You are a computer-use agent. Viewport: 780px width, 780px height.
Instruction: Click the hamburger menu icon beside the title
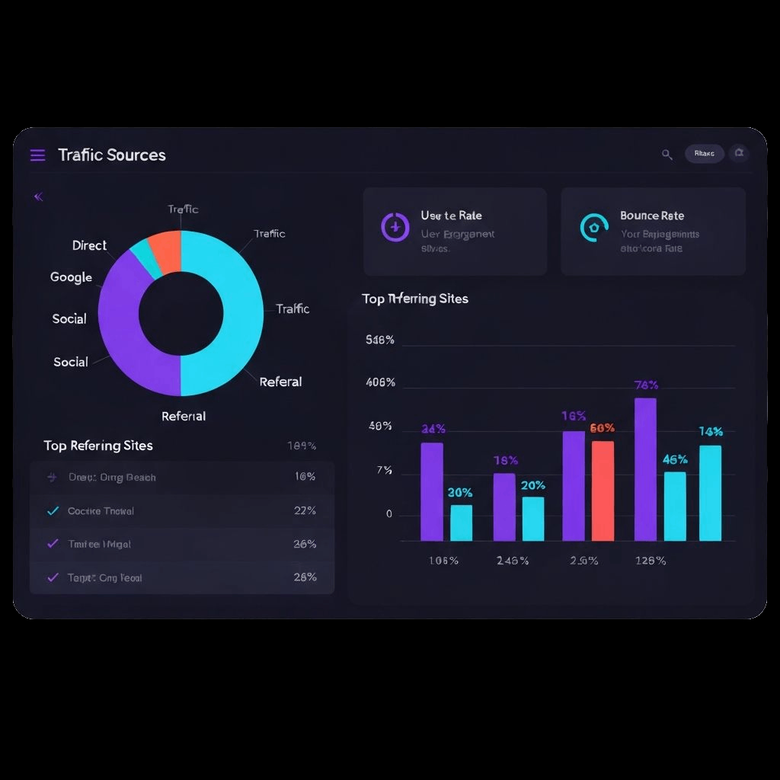(37, 155)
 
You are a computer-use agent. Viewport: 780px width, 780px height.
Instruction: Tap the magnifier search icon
(667, 155)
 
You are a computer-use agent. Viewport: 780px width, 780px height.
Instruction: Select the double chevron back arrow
(39, 197)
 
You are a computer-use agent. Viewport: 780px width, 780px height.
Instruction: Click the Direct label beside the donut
(89, 245)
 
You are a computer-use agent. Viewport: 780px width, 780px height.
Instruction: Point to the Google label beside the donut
(71, 277)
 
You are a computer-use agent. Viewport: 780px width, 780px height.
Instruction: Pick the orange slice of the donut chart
(165, 247)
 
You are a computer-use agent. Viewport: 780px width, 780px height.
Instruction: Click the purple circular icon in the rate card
(395, 226)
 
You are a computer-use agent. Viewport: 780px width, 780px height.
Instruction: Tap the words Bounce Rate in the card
(652, 216)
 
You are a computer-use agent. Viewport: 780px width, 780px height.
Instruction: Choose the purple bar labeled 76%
(645, 468)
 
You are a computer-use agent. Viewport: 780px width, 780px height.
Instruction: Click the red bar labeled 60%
(603, 491)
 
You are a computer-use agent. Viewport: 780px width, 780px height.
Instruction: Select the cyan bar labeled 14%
(710, 493)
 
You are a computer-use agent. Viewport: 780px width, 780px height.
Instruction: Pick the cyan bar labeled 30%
(461, 523)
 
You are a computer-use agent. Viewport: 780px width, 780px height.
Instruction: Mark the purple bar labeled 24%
(432, 491)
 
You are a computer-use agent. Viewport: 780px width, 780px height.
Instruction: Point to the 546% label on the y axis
(380, 340)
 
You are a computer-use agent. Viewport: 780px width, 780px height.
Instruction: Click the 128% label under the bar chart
(650, 561)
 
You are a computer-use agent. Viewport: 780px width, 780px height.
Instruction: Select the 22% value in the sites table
(305, 510)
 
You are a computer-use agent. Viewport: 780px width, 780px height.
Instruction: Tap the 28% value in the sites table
(305, 577)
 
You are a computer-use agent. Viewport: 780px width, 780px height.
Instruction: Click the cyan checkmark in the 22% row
(53, 510)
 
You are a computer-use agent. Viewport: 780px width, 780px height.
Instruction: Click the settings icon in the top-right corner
(738, 154)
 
